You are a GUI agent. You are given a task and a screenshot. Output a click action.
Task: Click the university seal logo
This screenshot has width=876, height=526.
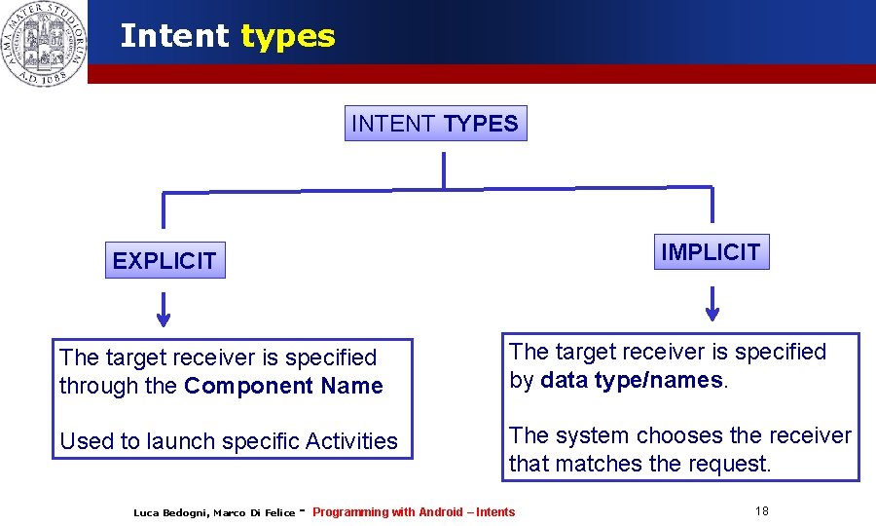pos(44,42)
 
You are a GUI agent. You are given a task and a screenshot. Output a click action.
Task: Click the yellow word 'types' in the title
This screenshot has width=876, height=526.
pos(287,36)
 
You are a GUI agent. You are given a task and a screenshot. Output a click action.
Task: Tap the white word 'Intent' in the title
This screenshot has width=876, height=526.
pos(174,36)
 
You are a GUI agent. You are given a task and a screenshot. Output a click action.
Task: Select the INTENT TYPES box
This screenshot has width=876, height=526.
pos(435,124)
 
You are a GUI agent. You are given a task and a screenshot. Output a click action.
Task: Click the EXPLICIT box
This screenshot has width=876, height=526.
pos(164,260)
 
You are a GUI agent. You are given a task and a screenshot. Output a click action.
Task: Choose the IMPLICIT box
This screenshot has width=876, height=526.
pos(711,252)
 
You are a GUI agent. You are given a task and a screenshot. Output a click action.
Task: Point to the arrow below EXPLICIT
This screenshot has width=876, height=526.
pos(164,309)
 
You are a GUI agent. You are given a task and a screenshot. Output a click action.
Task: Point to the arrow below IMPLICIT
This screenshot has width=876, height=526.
pos(712,304)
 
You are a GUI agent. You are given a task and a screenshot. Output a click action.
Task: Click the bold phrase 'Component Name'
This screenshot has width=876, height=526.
pos(283,386)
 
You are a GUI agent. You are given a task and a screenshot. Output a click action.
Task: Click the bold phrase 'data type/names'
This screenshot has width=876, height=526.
pos(631,380)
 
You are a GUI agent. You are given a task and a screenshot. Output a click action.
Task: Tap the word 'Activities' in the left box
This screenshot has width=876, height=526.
pos(351,441)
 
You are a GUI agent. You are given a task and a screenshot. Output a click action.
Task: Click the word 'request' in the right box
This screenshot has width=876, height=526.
pos(729,464)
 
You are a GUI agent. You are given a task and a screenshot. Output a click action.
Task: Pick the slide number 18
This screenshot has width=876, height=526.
pos(761,511)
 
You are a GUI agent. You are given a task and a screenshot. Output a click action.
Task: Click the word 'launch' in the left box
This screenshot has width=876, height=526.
pos(176,441)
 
